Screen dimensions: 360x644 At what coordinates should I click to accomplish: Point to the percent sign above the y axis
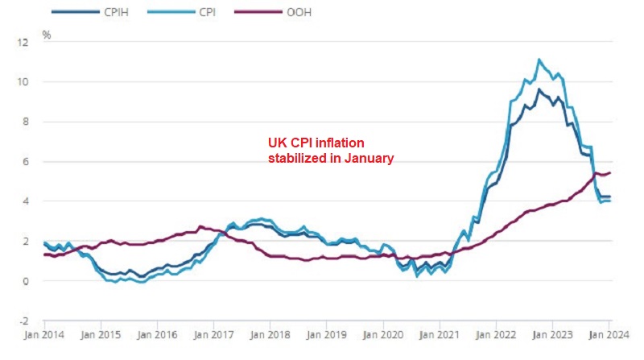click(x=46, y=35)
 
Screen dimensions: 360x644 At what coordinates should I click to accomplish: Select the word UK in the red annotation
click(x=276, y=143)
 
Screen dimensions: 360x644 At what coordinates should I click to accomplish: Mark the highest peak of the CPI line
click(x=539, y=60)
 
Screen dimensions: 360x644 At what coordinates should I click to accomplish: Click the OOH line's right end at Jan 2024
click(x=610, y=172)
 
